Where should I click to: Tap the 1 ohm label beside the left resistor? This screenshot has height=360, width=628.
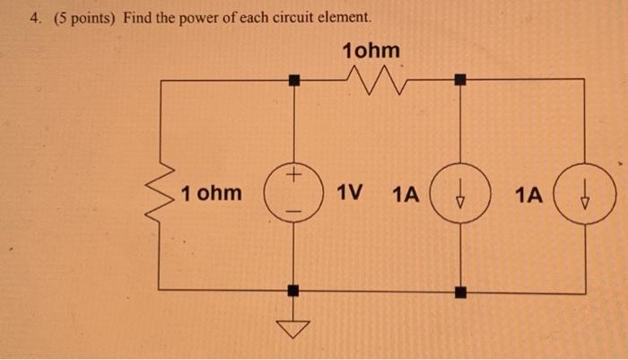[x=211, y=193]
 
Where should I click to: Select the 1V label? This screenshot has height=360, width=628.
[x=350, y=193]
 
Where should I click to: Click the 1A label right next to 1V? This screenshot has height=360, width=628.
[x=406, y=193]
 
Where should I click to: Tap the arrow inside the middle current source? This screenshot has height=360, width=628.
[x=459, y=194]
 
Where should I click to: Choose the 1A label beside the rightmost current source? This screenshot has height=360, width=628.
[x=529, y=193]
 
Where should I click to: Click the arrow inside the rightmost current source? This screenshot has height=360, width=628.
[x=586, y=194]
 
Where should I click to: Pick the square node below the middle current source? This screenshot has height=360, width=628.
[x=459, y=291]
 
